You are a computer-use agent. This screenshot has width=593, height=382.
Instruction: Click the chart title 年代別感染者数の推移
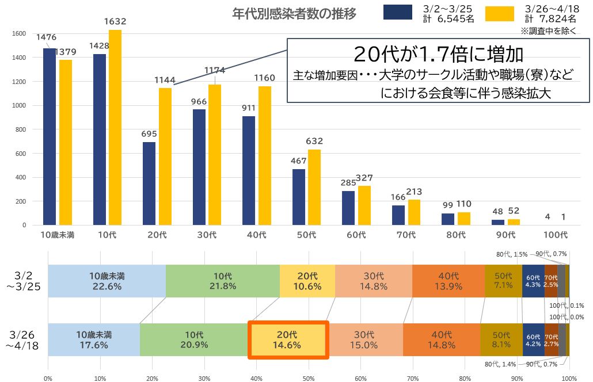(x=294, y=14)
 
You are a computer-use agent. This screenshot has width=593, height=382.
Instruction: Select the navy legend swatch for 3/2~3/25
(x=398, y=12)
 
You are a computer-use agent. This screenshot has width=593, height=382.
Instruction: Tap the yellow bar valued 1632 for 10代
(x=115, y=127)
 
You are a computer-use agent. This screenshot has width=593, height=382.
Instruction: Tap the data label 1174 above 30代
(x=215, y=71)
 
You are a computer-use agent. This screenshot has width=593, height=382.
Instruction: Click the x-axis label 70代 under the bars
(x=406, y=235)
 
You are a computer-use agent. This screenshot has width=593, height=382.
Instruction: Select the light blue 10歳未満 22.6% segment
(x=107, y=281)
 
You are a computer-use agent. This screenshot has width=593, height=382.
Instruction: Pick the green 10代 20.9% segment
(x=194, y=339)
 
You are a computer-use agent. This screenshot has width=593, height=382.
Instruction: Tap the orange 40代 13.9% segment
(x=448, y=281)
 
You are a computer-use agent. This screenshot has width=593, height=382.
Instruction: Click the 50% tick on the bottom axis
(x=309, y=378)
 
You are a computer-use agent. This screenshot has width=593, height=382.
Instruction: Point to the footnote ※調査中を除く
(x=548, y=30)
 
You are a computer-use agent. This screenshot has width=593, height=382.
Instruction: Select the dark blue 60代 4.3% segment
(x=533, y=281)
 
